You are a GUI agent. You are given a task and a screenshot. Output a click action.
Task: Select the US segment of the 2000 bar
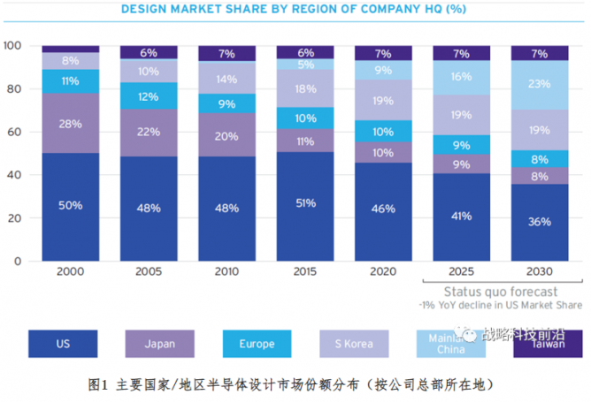(x=70, y=206)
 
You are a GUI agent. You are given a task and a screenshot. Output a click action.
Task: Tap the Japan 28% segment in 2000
(x=70, y=123)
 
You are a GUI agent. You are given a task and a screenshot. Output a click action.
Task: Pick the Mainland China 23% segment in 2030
(x=539, y=85)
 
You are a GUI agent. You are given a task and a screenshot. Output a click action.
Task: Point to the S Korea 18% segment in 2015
(x=305, y=88)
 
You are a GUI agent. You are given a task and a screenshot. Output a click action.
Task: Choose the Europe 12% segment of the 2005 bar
(x=149, y=95)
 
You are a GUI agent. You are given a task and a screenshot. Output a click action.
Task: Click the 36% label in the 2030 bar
(x=539, y=222)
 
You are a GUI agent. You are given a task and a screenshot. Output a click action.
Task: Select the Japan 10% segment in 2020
(x=383, y=152)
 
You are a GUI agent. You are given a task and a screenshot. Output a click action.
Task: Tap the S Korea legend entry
(x=350, y=344)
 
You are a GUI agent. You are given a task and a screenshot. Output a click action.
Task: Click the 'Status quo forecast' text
(x=500, y=292)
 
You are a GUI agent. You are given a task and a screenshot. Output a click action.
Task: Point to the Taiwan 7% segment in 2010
(x=226, y=54)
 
